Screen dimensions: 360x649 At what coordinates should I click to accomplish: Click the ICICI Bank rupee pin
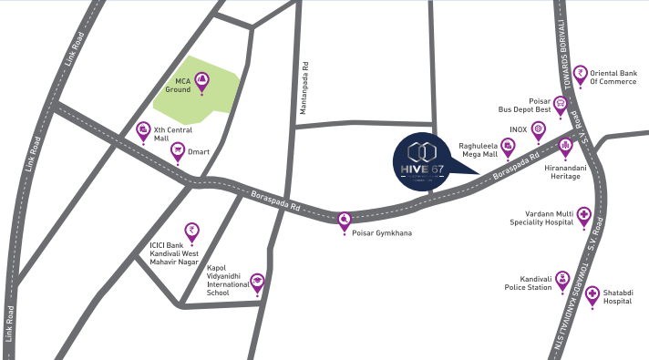[191, 231]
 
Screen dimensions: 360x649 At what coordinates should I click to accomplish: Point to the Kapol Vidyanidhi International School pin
[257, 283]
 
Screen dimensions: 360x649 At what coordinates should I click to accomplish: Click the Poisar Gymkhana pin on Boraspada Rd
[345, 220]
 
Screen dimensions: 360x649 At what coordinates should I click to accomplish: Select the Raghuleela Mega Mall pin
[509, 145]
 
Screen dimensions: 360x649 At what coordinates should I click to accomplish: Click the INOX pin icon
[539, 130]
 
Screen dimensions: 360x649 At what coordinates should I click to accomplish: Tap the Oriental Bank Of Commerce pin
[580, 72]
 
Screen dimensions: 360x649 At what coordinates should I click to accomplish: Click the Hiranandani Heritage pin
[566, 146]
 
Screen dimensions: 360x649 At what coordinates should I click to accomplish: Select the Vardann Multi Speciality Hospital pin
[583, 217]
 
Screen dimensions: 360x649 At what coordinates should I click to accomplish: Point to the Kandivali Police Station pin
[563, 278]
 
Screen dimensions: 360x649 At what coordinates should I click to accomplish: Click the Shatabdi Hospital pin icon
[592, 295]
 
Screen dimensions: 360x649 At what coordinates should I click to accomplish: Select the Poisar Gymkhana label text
[381, 233]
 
